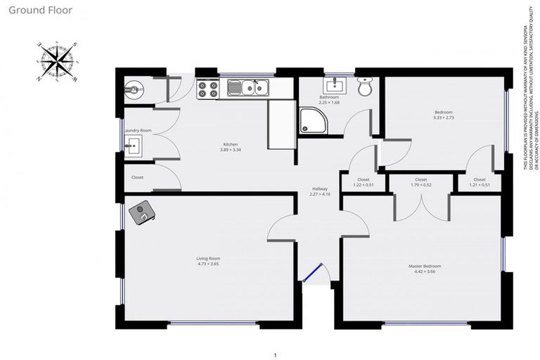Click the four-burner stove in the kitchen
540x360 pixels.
[208, 89]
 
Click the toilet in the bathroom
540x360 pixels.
[364, 87]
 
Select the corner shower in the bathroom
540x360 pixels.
[310, 121]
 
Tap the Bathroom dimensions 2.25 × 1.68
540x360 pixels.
[329, 103]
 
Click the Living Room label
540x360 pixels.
[208, 259]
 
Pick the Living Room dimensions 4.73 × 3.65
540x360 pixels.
[208, 264]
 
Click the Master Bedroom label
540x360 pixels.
[425, 266]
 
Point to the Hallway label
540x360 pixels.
[320, 188]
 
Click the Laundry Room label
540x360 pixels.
[137, 130]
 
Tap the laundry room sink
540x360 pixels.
[133, 146]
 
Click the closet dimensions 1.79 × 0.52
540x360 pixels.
[420, 185]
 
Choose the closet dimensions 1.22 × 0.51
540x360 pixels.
[363, 185]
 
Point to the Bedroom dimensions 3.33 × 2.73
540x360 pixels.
[443, 118]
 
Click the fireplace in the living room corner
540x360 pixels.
[143, 213]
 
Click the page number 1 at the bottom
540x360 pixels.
[275, 354]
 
